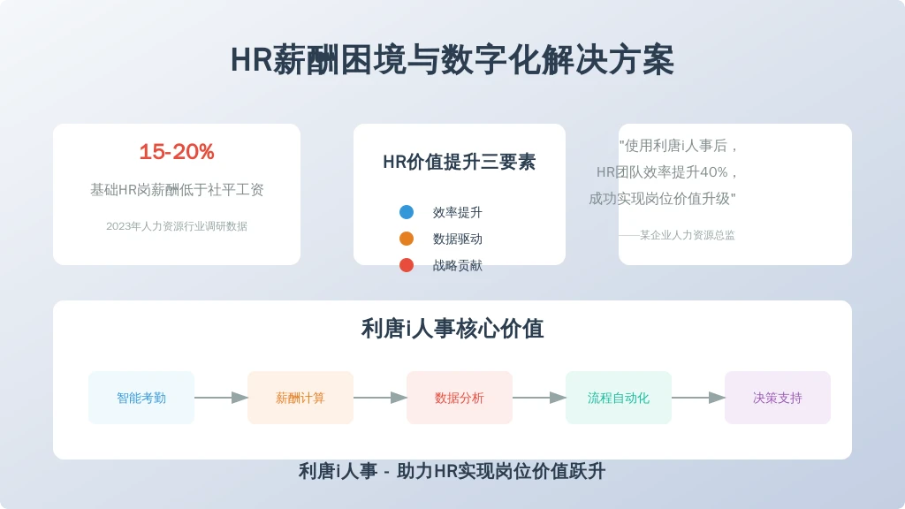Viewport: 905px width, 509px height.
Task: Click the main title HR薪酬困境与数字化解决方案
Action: pyautogui.click(x=452, y=60)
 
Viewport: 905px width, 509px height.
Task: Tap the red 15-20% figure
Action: pyautogui.click(x=177, y=152)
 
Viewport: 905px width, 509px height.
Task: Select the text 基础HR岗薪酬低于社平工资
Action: pyautogui.click(x=177, y=189)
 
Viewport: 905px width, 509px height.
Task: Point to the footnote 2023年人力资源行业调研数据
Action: pyautogui.click(x=177, y=226)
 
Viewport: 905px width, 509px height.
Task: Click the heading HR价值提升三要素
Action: pyautogui.click(x=460, y=163)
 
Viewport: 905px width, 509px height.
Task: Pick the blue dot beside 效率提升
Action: pyautogui.click(x=407, y=212)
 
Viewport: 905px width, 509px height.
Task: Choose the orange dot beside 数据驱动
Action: pyautogui.click(x=407, y=239)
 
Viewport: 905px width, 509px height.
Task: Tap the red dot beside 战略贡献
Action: pyautogui.click(x=407, y=265)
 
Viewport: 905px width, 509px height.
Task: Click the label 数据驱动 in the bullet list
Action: pyautogui.click(x=458, y=239)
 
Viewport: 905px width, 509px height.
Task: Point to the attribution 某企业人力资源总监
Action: pyautogui.click(x=688, y=235)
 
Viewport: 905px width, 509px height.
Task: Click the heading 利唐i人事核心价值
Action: pyautogui.click(x=452, y=329)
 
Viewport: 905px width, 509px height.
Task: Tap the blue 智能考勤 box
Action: pyautogui.click(x=141, y=398)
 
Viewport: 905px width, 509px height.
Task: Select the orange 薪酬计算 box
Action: pyautogui.click(x=300, y=398)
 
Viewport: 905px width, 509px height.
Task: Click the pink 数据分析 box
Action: pyautogui.click(x=460, y=398)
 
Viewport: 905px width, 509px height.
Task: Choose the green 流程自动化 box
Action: pyautogui.click(x=619, y=398)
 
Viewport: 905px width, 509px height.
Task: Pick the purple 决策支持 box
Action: pyautogui.click(x=778, y=398)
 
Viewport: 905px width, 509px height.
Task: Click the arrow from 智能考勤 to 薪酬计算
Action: pyautogui.click(x=221, y=398)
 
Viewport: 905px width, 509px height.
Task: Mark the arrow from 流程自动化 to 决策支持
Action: pyautogui.click(x=698, y=398)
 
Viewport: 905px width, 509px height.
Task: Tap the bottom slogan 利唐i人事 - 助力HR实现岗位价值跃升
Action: pyautogui.click(x=452, y=472)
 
